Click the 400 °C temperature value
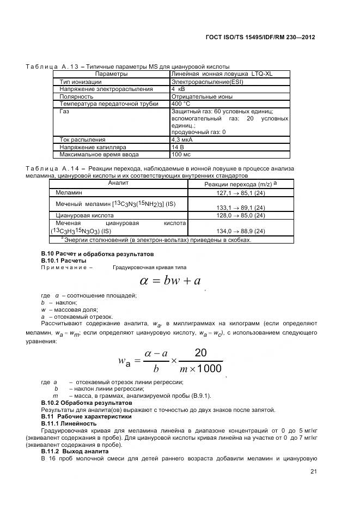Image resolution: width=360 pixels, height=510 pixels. (x=181, y=103)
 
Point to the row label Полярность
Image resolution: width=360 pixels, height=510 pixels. (x=76, y=96)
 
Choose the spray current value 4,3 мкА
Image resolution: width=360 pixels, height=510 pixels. (x=184, y=139)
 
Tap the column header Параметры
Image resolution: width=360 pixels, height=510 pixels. (x=111, y=74)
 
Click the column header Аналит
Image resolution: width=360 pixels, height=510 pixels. (x=118, y=183)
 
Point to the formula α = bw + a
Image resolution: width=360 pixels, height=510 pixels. (x=170, y=281)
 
